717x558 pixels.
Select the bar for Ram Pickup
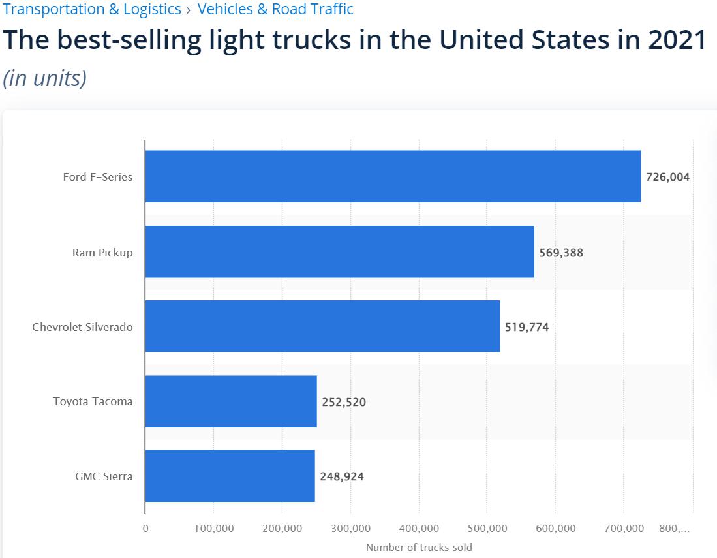339,252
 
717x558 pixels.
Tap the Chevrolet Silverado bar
322,326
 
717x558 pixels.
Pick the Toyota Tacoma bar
231,401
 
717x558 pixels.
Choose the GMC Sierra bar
230,476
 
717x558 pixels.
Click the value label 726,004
667,177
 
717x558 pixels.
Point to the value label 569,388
561,253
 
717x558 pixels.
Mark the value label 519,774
526,327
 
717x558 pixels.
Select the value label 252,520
344,402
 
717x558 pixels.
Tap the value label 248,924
342,476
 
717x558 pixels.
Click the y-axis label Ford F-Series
98,177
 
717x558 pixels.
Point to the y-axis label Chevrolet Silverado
82,327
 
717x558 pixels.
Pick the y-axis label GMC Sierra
104,476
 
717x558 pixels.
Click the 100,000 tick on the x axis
214,529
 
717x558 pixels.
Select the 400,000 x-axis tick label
419,529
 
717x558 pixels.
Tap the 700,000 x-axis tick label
624,529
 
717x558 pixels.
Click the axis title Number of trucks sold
419,548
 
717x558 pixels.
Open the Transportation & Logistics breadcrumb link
92,9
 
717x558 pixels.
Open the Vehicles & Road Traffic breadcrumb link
275,9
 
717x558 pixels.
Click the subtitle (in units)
45,78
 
